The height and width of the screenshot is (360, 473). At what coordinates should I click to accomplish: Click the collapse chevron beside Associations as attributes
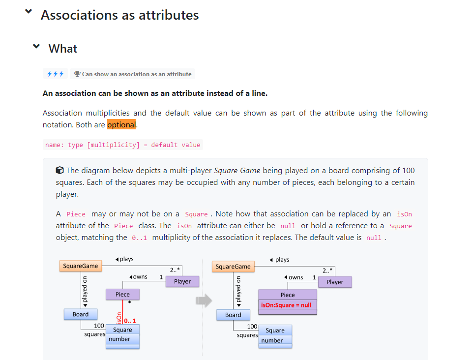click(29, 12)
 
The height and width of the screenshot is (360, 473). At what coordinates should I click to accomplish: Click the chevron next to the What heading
click(36, 47)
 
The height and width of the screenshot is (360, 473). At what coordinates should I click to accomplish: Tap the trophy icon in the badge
click(77, 74)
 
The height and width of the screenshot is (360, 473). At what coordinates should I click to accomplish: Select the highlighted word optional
click(121, 125)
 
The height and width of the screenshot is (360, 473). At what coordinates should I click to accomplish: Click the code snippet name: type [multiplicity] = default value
click(122, 145)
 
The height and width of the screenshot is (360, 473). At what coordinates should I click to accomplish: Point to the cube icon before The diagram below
click(59, 171)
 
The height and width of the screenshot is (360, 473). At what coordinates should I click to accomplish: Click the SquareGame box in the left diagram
click(81, 266)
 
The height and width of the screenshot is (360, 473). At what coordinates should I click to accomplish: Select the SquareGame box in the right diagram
click(233, 267)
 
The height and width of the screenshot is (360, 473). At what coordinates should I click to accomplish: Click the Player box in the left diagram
click(182, 281)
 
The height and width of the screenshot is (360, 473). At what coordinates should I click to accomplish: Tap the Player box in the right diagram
click(335, 282)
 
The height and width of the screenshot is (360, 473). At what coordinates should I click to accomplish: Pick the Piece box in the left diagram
click(122, 295)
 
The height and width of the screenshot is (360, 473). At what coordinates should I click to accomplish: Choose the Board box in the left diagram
click(81, 314)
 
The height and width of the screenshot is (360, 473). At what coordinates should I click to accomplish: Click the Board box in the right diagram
click(233, 315)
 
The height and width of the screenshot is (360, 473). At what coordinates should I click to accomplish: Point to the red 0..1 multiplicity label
click(130, 321)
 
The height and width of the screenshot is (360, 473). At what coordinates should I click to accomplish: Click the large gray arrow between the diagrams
click(204, 300)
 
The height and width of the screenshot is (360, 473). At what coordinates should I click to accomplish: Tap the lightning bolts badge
click(55, 74)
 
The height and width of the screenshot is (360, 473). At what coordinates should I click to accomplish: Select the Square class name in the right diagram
click(275, 330)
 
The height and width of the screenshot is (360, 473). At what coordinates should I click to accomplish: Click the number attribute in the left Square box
click(119, 339)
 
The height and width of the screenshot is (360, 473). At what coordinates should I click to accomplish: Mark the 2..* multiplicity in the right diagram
click(327, 270)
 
